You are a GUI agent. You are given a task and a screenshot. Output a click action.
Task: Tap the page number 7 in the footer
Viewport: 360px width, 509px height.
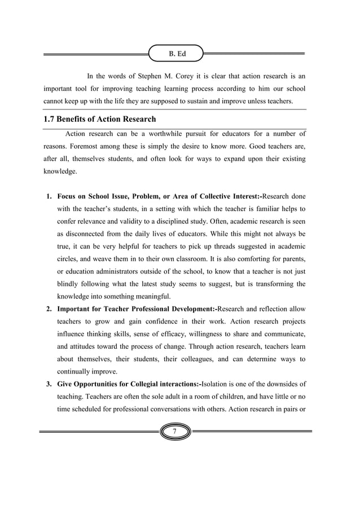coord(175,432)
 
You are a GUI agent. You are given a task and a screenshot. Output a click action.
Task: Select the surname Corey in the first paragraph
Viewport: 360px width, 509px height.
coord(198,76)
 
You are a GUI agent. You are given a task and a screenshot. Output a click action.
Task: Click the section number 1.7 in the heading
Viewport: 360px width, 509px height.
coord(51,120)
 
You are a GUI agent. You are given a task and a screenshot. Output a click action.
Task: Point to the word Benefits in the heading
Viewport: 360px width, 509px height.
coord(80,120)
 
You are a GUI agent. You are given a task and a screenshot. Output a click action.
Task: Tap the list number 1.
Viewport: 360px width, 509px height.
coord(49,197)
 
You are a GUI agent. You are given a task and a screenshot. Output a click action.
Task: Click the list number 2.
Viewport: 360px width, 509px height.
coord(49,309)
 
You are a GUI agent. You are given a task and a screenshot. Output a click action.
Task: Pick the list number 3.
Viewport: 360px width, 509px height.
coord(49,384)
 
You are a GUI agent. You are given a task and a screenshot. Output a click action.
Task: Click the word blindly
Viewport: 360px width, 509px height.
coord(71,284)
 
